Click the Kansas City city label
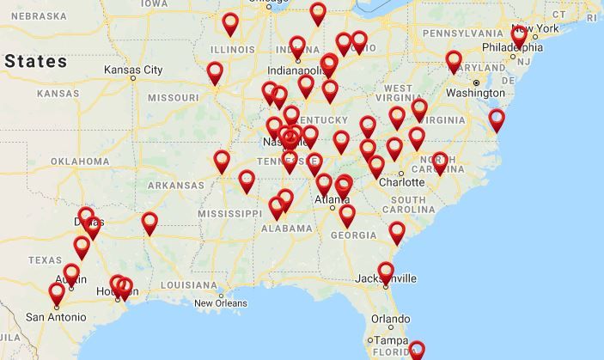coord(132,70)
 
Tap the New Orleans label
coord(220,303)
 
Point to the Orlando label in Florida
coord(390,319)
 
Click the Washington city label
coord(475,92)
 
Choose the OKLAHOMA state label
coord(79,161)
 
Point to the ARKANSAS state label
coord(175,185)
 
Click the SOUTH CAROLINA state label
coord(402,205)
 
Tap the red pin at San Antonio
coord(57,294)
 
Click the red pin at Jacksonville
coord(386,272)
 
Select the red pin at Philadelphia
coord(518,37)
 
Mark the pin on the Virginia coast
coord(497,119)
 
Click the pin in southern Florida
coord(417,351)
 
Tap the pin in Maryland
coord(454,62)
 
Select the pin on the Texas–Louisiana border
coord(149,223)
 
